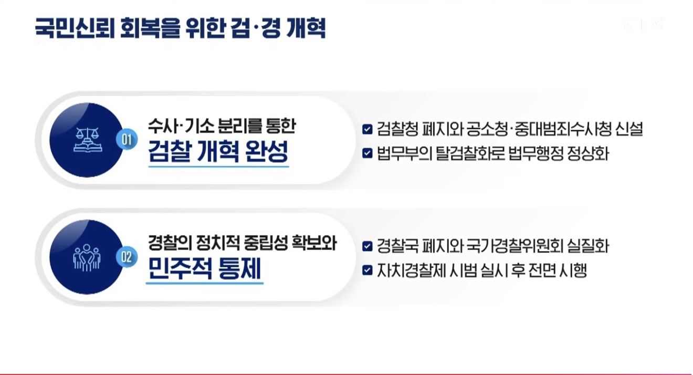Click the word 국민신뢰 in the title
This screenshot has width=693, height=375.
(x=75, y=28)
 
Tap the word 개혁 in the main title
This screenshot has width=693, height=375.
(x=306, y=28)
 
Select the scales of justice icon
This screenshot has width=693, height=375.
(x=88, y=140)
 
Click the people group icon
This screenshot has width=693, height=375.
(x=87, y=257)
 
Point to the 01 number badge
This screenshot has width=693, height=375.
(x=127, y=140)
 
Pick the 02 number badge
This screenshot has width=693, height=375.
(x=127, y=257)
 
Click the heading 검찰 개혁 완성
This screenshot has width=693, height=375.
(x=218, y=151)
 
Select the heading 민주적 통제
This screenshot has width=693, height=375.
(x=205, y=268)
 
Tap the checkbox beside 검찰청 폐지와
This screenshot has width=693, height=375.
(x=367, y=129)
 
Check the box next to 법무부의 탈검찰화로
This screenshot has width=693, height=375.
(x=367, y=153)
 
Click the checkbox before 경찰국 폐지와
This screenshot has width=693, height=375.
(x=367, y=246)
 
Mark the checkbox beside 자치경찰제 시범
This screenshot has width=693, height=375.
(x=367, y=270)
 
